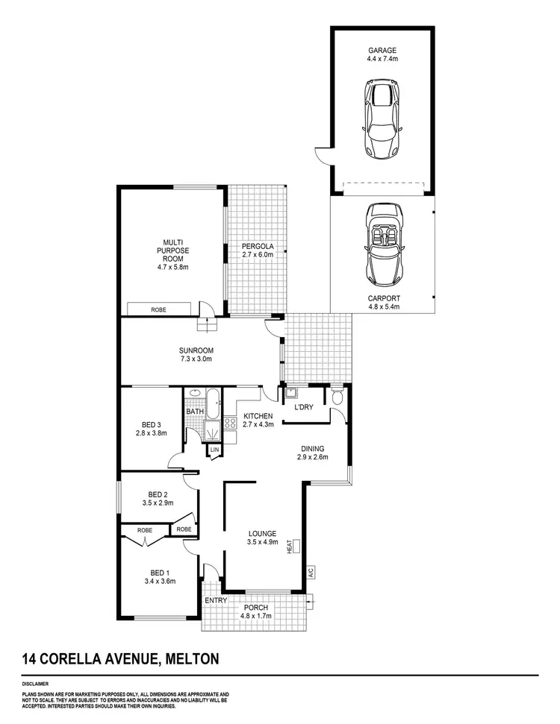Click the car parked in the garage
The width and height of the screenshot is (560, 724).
click(x=381, y=119)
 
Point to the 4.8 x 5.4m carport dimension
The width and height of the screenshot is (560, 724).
click(x=384, y=306)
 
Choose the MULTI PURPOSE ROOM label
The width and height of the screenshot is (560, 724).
click(x=171, y=250)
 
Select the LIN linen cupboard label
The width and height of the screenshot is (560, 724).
click(x=214, y=450)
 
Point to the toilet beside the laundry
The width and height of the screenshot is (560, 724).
click(x=336, y=396)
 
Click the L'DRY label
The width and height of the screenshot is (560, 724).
click(x=302, y=407)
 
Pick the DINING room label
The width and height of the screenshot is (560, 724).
click(x=312, y=448)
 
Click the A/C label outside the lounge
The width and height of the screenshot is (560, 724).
click(x=311, y=573)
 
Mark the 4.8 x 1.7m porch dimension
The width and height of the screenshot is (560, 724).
click(x=255, y=617)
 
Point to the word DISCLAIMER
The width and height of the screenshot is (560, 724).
click(x=36, y=682)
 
